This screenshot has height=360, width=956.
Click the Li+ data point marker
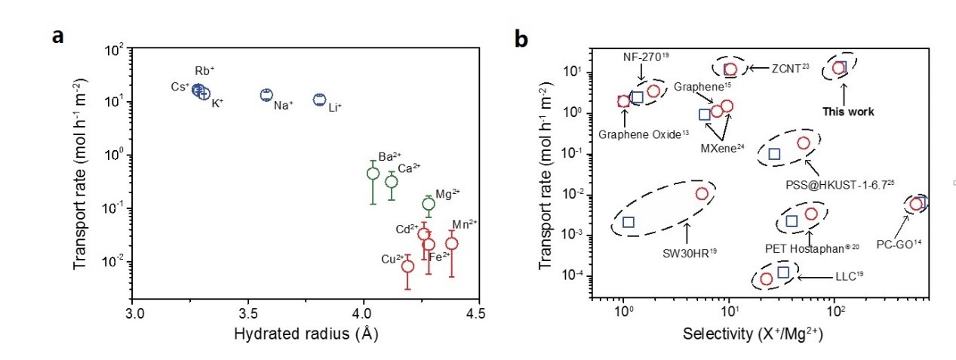pyautogui.click(x=319, y=100)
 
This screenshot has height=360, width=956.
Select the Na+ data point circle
pyautogui.click(x=266, y=95)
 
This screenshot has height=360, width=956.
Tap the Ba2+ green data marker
pyautogui.click(x=373, y=173)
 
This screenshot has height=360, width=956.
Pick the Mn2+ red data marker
pyautogui.click(x=451, y=243)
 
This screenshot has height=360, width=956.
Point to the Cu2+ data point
pyautogui.click(x=407, y=266)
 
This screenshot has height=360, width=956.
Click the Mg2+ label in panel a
pyautogui.click(x=448, y=194)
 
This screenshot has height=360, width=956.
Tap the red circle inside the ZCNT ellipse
pyautogui.click(x=730, y=69)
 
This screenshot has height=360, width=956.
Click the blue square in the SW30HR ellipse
pyautogui.click(x=629, y=222)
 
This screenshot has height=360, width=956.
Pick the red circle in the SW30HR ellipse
pyautogui.click(x=702, y=194)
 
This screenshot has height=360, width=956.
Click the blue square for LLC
pyautogui.click(x=782, y=272)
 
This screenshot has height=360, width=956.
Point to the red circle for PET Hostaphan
pyautogui.click(x=810, y=214)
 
